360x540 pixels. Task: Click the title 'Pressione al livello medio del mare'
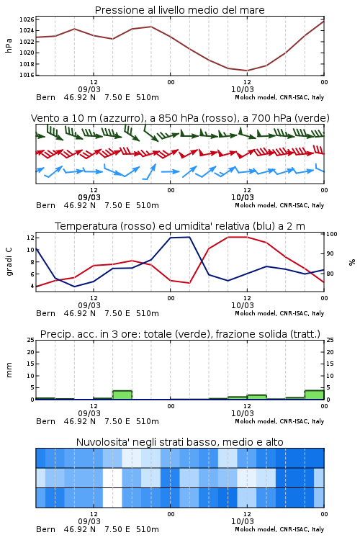pyautogui.click(x=179, y=10)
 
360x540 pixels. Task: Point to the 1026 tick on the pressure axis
pyautogui.click(x=27, y=19)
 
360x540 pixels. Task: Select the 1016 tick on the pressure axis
pyautogui.click(x=27, y=75)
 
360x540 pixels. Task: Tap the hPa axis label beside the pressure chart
pyautogui.click(x=9, y=46)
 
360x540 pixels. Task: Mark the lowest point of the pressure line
pyautogui.click(x=247, y=71)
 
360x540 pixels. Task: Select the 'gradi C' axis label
pyautogui.click(x=9, y=262)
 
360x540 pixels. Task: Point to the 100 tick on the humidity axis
pyautogui.click(x=332, y=234)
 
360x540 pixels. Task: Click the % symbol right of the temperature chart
pyautogui.click(x=352, y=262)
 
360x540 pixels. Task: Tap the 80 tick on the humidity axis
pyautogui.click(x=330, y=274)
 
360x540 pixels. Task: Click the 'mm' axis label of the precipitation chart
pyautogui.click(x=9, y=370)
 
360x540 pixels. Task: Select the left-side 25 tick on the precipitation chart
pyautogui.click(x=31, y=340)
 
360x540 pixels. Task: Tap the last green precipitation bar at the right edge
pyautogui.click(x=314, y=395)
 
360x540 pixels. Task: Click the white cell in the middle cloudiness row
pyautogui.click(x=112, y=477)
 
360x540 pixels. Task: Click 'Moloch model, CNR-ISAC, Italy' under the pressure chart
pyautogui.click(x=279, y=97)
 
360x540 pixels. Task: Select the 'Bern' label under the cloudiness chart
pyautogui.click(x=45, y=529)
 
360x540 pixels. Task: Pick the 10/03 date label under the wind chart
pyautogui.click(x=243, y=198)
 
